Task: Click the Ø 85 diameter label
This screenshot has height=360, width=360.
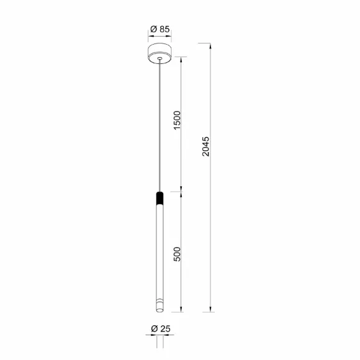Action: [x=160, y=29]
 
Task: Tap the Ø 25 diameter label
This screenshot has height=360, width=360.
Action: [x=161, y=329]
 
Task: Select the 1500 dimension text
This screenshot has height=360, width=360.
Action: [x=177, y=120]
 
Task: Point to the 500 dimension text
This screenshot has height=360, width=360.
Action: [x=177, y=254]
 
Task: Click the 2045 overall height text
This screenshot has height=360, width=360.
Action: [x=205, y=146]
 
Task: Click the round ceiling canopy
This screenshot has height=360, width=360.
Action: [x=160, y=53]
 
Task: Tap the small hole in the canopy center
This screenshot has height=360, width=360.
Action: [x=160, y=58]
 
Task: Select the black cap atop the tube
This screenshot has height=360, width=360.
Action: [x=160, y=199]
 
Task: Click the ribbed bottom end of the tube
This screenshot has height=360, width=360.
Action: [x=160, y=306]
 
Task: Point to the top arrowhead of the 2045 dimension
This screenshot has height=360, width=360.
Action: [x=210, y=46]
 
